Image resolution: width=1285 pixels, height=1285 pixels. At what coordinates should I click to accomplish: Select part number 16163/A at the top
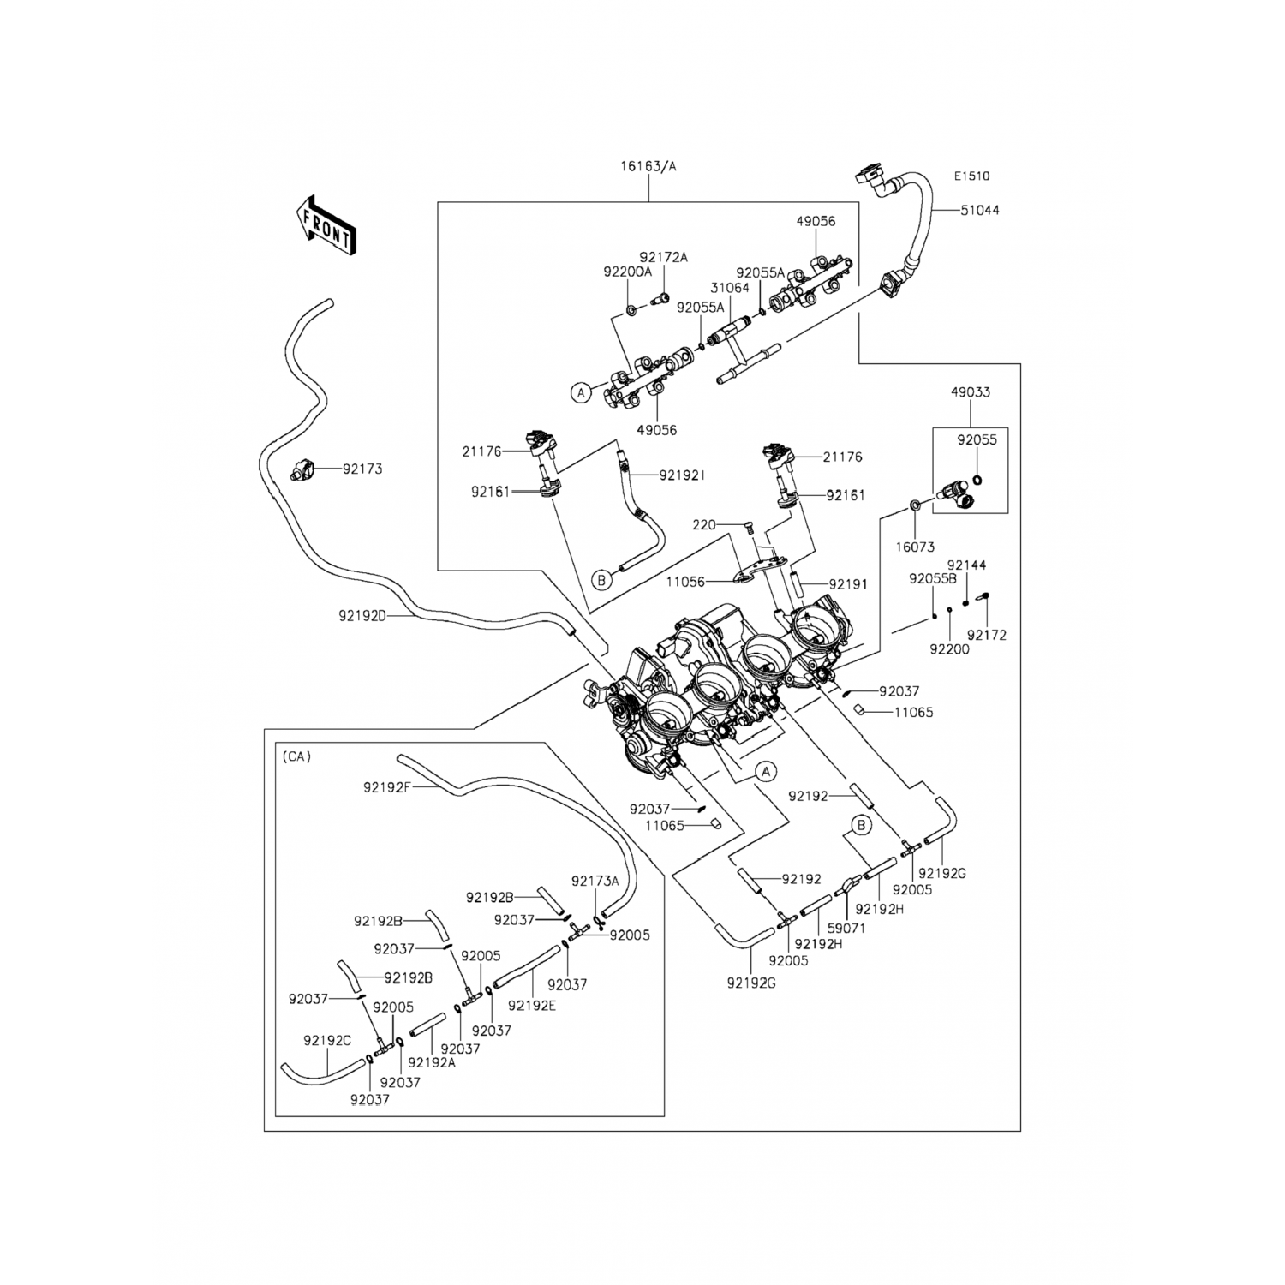(648, 166)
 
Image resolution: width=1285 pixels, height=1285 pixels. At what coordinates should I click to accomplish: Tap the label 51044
(979, 210)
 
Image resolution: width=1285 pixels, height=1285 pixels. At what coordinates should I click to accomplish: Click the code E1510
(971, 176)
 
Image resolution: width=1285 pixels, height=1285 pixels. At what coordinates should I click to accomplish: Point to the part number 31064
(729, 288)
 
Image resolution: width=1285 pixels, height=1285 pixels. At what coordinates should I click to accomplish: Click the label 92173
(362, 469)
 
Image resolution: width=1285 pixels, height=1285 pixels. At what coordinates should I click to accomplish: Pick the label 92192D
(363, 615)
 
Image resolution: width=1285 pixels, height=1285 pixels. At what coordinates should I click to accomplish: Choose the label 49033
(970, 392)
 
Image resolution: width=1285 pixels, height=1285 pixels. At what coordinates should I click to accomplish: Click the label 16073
(915, 547)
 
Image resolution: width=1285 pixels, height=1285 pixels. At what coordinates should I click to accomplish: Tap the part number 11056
(685, 582)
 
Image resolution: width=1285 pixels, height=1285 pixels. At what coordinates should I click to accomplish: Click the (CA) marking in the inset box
(296, 756)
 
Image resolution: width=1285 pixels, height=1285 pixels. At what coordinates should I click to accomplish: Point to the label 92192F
(387, 787)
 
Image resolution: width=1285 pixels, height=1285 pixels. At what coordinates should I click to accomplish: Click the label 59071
(846, 928)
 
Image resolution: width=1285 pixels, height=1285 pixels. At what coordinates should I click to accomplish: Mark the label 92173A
(595, 881)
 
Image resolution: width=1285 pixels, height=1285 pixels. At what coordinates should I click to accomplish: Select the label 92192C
(327, 1041)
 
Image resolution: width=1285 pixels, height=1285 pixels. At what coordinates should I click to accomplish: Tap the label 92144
(966, 565)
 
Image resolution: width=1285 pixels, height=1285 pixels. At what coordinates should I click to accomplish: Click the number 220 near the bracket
(704, 524)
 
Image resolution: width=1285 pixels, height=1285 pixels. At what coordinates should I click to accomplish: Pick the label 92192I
(682, 474)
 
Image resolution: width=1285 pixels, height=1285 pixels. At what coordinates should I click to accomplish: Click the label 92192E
(532, 1006)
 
